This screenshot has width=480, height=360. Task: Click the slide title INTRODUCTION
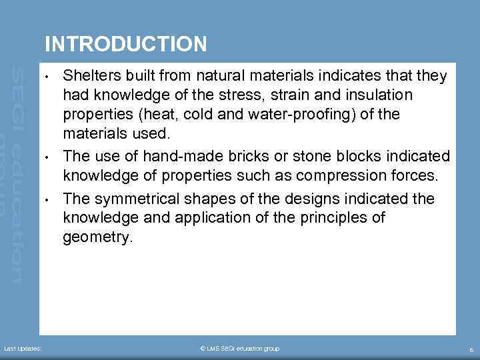coord(125,44)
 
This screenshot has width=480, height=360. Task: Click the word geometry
coord(97,238)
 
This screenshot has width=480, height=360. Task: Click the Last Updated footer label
coord(23,349)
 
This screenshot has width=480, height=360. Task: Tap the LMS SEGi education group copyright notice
coord(240,349)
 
